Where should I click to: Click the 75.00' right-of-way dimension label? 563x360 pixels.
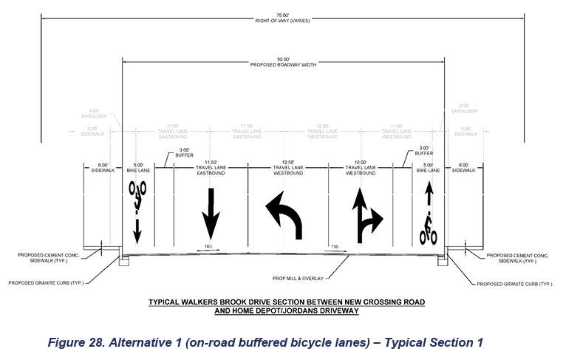pyautogui.click(x=282, y=17)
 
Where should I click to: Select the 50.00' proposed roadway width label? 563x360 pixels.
pyautogui.click(x=283, y=63)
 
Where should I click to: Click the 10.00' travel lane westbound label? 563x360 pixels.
pyautogui.click(x=360, y=169)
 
